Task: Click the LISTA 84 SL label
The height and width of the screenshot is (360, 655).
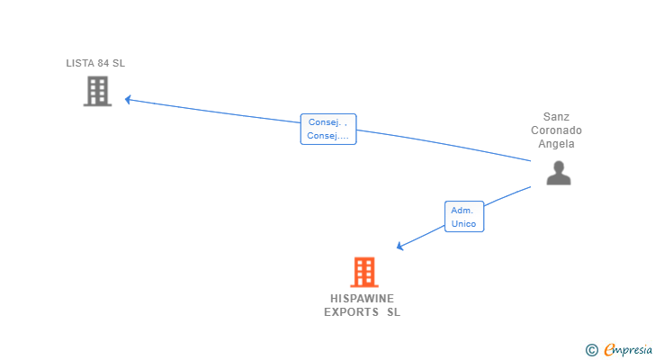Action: click(x=94, y=63)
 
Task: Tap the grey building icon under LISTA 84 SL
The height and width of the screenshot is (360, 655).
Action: click(x=97, y=91)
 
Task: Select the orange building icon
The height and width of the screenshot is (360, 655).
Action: click(x=363, y=272)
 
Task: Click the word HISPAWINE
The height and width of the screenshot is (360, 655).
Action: click(x=362, y=299)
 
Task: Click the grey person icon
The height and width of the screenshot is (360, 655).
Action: click(x=558, y=173)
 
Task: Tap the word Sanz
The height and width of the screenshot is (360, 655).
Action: click(x=556, y=117)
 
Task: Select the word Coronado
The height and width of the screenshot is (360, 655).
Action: click(x=556, y=130)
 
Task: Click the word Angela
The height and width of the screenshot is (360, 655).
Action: click(x=556, y=144)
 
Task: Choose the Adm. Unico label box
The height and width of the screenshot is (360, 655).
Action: click(x=463, y=217)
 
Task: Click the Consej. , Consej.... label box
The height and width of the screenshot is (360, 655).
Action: click(x=327, y=129)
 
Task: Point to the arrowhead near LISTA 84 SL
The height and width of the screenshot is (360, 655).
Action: click(x=129, y=99)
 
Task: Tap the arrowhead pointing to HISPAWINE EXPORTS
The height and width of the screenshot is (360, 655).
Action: click(x=401, y=246)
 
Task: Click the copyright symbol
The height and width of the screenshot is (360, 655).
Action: click(x=591, y=349)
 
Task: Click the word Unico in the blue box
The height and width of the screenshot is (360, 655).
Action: click(x=463, y=223)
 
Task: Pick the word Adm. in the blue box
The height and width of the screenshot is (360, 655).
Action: click(x=462, y=211)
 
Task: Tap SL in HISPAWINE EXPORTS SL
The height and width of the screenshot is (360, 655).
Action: click(x=393, y=312)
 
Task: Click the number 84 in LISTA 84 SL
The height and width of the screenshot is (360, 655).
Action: click(x=104, y=63)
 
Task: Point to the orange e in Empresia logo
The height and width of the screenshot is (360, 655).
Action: click(x=609, y=349)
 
